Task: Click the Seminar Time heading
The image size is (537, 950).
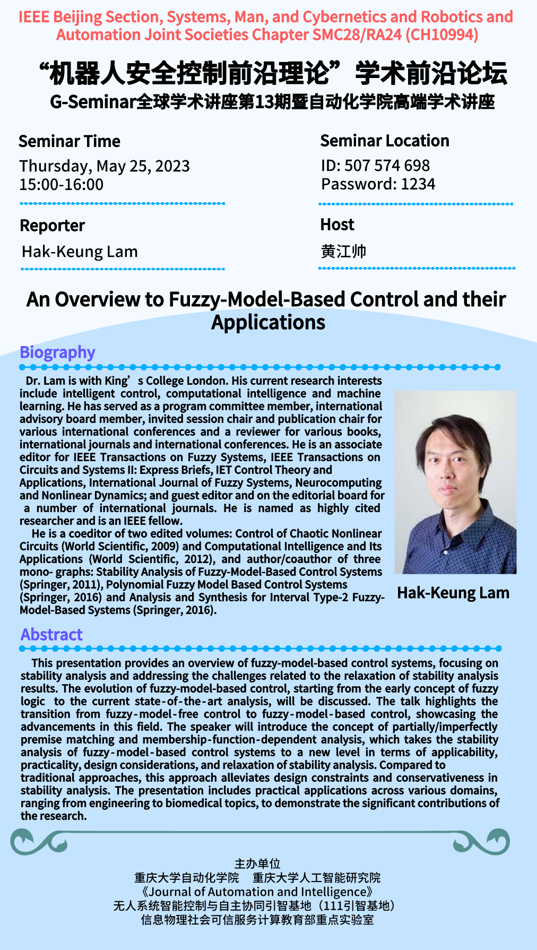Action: pyautogui.click(x=70, y=141)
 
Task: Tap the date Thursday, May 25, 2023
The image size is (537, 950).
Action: pyautogui.click(x=105, y=166)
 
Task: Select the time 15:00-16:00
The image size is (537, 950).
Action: pyautogui.click(x=62, y=185)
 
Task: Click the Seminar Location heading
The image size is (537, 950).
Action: pyautogui.click(x=385, y=141)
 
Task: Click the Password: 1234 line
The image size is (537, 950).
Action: pyautogui.click(x=378, y=184)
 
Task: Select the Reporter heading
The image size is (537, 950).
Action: pyautogui.click(x=53, y=226)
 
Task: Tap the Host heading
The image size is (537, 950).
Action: pyautogui.click(x=337, y=224)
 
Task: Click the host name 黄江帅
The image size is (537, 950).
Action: pyautogui.click(x=344, y=251)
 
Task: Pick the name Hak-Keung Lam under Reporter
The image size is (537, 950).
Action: pyautogui.click(x=80, y=252)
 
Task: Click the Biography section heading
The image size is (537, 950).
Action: pyautogui.click(x=57, y=352)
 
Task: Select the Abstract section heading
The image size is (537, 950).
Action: pyautogui.click(x=51, y=634)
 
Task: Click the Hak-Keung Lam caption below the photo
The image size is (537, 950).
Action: pyautogui.click(x=453, y=593)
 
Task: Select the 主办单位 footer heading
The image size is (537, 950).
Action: pyautogui.click(x=257, y=863)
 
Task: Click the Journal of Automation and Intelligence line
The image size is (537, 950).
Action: pyautogui.click(x=257, y=892)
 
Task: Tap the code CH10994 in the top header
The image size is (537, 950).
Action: pyautogui.click(x=441, y=35)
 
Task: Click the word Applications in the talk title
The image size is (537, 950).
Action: pyautogui.click(x=268, y=322)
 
